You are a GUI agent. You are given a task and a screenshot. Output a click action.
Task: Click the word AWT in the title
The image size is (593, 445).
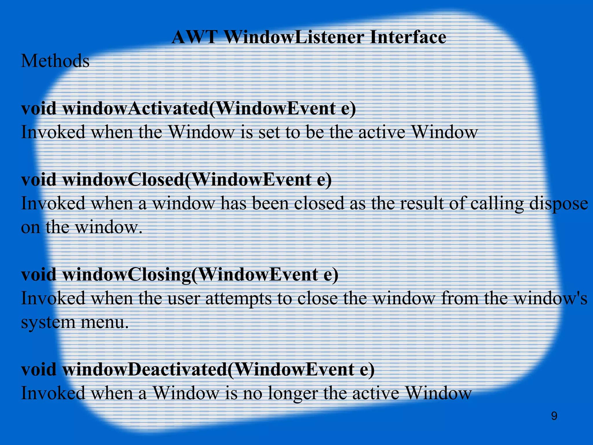[x=194, y=37]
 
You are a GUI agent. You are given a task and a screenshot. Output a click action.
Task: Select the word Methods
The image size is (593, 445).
[x=55, y=61]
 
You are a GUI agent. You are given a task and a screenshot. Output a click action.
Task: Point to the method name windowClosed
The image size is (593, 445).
[x=123, y=180]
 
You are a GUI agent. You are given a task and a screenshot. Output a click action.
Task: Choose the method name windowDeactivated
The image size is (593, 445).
[x=145, y=370]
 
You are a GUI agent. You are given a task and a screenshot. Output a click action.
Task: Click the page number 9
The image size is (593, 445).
[x=554, y=416]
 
